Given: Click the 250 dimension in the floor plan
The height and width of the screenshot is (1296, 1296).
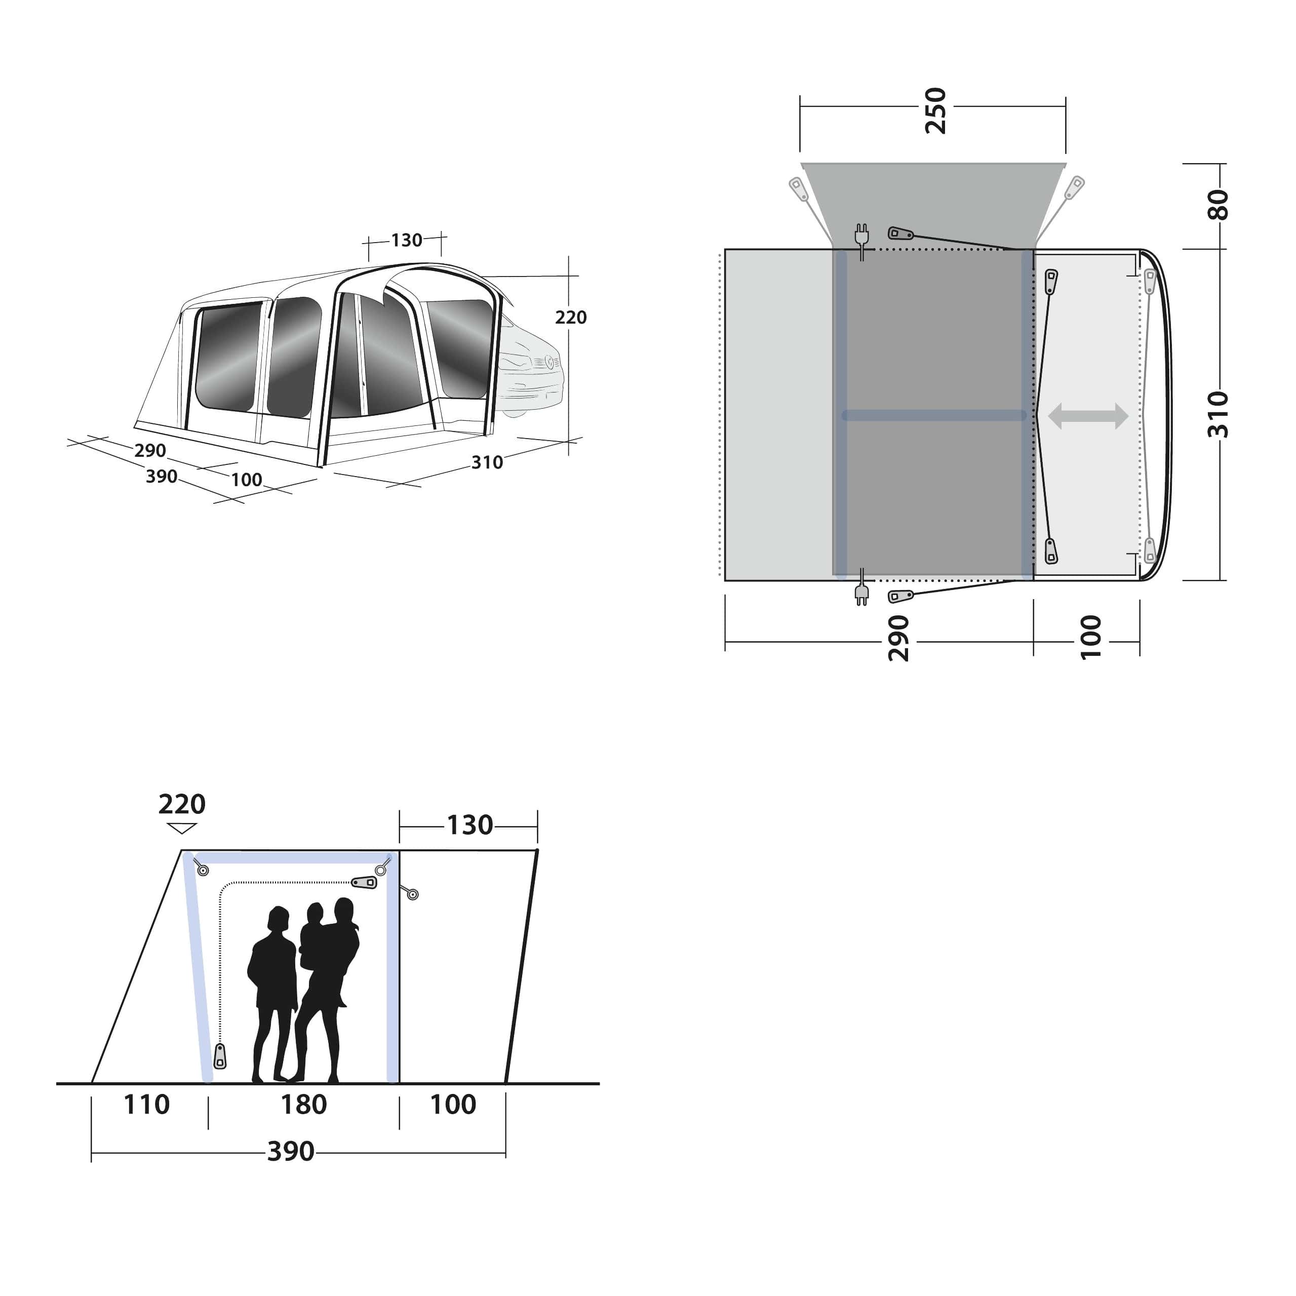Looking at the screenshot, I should [x=934, y=111].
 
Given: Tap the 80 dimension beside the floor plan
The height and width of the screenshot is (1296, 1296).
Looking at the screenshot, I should [x=1218, y=205].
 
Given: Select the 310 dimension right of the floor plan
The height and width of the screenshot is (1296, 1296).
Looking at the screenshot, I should [x=1218, y=415].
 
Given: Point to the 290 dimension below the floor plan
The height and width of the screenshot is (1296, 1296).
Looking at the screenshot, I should [x=898, y=638].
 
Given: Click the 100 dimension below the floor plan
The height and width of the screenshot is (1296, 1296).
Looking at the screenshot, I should [x=1091, y=637].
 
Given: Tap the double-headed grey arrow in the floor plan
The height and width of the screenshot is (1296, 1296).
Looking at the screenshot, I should [x=1088, y=416].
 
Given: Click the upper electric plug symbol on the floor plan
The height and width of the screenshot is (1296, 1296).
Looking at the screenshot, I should [x=861, y=235].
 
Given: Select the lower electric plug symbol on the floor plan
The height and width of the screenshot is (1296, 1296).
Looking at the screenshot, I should [x=861, y=594].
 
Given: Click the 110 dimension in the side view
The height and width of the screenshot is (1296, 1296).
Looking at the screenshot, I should [x=146, y=1104].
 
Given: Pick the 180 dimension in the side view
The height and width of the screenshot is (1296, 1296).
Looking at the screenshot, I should [x=303, y=1104].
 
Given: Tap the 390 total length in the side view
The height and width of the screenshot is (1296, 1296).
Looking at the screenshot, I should [x=291, y=1151].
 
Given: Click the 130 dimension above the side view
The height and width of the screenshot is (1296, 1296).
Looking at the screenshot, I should [x=469, y=825].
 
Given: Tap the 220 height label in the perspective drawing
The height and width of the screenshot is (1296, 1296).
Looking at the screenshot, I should [x=570, y=318].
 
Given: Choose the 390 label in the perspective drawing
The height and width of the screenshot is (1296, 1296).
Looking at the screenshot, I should [x=161, y=476].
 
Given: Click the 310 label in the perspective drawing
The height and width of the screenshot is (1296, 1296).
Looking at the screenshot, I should [x=487, y=462].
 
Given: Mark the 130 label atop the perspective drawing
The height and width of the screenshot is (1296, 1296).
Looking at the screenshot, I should [x=407, y=240].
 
